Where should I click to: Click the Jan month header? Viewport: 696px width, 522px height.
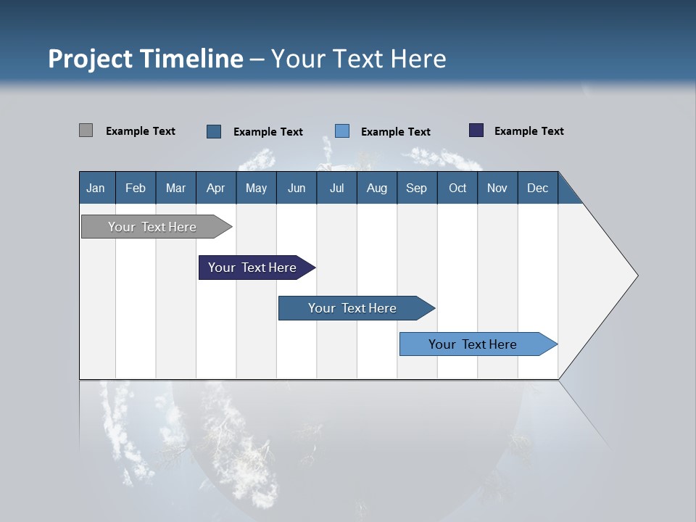pyautogui.click(x=96, y=188)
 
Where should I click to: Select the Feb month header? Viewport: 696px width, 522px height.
pyautogui.click(x=136, y=188)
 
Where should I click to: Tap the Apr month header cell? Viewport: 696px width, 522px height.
pyautogui.click(x=216, y=188)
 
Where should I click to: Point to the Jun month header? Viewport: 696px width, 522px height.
pyautogui.click(x=297, y=188)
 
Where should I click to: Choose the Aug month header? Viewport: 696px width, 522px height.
pyautogui.click(x=377, y=188)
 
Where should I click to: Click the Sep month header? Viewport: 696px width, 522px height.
pyautogui.click(x=417, y=188)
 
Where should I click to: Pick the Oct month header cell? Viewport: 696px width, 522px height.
pyautogui.click(x=457, y=188)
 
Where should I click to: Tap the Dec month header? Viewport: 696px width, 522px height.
pyautogui.click(x=538, y=188)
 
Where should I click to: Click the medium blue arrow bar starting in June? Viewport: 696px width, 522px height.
pyautogui.click(x=353, y=308)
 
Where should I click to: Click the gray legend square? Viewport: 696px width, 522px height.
pyautogui.click(x=86, y=130)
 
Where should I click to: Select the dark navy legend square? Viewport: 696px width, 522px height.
pyautogui.click(x=476, y=130)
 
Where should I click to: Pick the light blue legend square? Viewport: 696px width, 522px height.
pyautogui.click(x=342, y=130)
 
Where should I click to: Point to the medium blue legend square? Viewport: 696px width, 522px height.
pyautogui.click(x=214, y=131)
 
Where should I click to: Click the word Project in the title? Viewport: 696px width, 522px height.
pyautogui.click(x=90, y=59)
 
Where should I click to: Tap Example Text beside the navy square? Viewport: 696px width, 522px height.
pyautogui.click(x=529, y=130)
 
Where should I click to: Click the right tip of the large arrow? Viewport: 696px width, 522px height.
pyautogui.click(x=636, y=275)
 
